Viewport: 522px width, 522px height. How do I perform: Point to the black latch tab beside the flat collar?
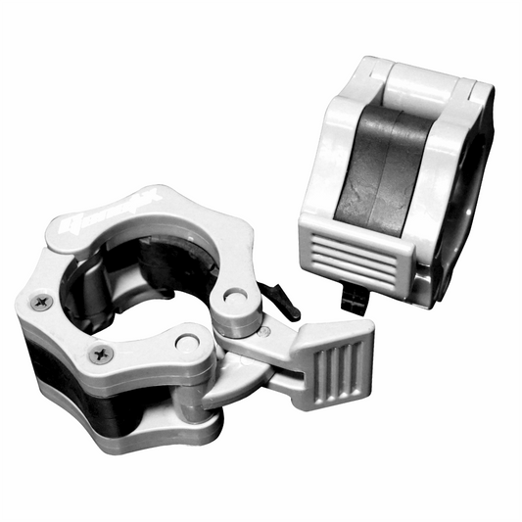point(278,299)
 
